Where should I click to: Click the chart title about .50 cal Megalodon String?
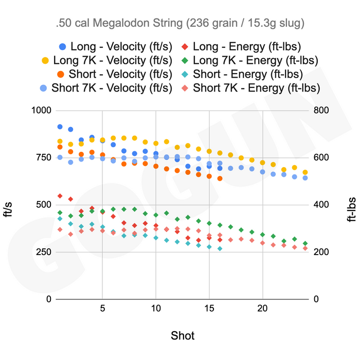pyautogui.click(x=180, y=23)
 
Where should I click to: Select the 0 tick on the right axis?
pyautogui.click(x=315, y=299)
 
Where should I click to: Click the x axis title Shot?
pyautogui.click(x=183, y=336)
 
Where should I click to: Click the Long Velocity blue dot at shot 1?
pyautogui.click(x=60, y=127)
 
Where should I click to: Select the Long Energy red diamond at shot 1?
pyautogui.click(x=60, y=196)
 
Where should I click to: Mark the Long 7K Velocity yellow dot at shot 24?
pyautogui.click(x=305, y=172)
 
